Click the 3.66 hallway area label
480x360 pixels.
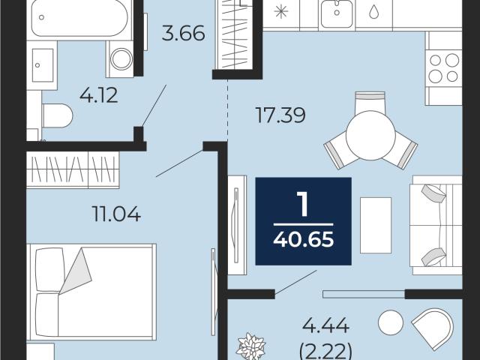[183, 33]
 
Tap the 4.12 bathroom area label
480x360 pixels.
[98, 95]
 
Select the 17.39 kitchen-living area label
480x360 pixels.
[280, 115]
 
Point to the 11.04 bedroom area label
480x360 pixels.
[116, 214]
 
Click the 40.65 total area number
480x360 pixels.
[303, 239]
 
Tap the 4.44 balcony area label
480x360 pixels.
[325, 325]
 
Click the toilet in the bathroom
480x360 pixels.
[57, 115]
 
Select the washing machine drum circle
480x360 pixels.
[121, 58]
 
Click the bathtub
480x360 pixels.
[79, 18]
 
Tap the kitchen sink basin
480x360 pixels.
[337, 13]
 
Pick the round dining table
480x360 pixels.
[370, 135]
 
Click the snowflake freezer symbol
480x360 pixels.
[280, 12]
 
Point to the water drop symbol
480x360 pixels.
[373, 12]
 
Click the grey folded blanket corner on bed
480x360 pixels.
[76, 271]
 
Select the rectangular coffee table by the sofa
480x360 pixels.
[376, 225]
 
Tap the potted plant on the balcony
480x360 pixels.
[250, 346]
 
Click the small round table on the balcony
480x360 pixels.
[391, 322]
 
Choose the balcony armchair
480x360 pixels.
[433, 328]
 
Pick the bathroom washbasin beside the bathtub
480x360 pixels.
[42, 65]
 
